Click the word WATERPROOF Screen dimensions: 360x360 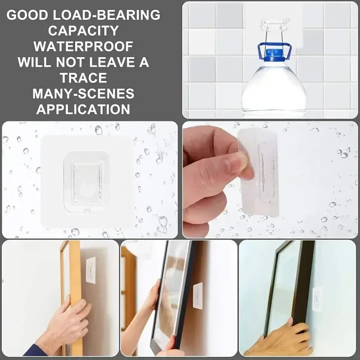(x=83, y=46)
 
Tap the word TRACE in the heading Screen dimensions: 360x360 (x=83, y=77)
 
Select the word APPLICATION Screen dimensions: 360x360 (x=83, y=109)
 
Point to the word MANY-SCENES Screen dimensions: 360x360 (x=83, y=93)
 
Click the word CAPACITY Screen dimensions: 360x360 (x=83, y=31)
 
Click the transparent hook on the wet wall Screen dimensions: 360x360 (x=86, y=180)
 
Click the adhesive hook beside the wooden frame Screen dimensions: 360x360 (x=90, y=270)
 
